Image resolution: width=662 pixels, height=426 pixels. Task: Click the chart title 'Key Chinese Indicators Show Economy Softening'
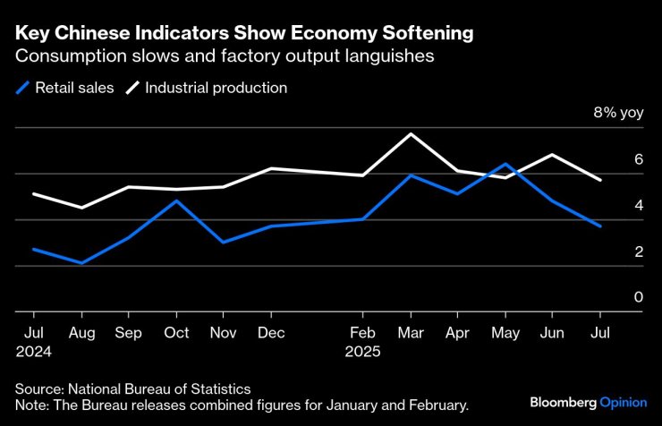(243, 34)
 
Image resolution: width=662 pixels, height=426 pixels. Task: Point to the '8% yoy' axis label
(618, 114)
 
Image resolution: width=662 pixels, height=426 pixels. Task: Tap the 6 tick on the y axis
(639, 159)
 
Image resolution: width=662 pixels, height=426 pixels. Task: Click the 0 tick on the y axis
(639, 297)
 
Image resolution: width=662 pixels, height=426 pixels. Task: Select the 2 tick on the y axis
(639, 251)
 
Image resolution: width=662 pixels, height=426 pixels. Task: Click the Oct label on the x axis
(176, 332)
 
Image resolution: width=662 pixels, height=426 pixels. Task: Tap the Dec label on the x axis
(270, 332)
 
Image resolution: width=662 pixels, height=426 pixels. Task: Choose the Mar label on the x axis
(410, 332)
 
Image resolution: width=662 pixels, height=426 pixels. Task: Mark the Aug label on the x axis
(82, 332)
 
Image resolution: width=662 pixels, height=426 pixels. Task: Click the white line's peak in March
(411, 133)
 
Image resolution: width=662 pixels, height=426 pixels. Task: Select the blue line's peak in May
(506, 164)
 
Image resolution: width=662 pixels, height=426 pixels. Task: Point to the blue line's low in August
(82, 263)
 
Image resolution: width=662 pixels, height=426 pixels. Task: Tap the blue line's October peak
(176, 200)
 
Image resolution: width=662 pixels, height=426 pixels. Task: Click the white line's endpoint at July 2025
(600, 180)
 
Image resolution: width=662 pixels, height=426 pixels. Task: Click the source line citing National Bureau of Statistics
(132, 389)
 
